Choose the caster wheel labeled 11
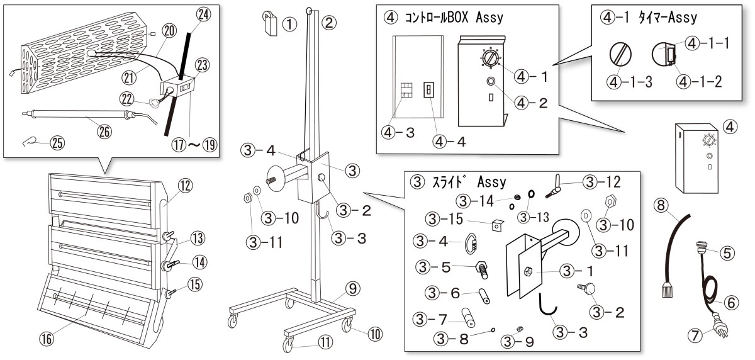point(289,345)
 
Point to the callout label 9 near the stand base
point(352,289)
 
